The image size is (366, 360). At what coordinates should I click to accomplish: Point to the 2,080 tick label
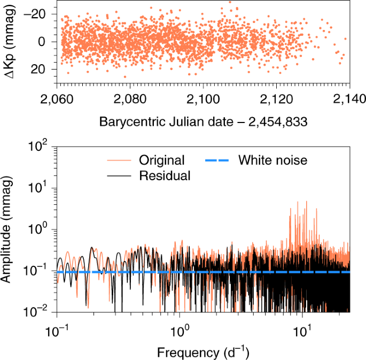pos(131,99)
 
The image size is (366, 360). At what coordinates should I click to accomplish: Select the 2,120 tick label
pos(277,99)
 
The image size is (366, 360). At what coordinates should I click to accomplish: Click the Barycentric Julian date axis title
pos(203,121)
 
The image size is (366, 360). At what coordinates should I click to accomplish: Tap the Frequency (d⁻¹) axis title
pos(203,353)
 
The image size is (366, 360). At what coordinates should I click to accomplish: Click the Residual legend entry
pos(164,175)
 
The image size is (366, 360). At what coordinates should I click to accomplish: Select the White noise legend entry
pos(272,160)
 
